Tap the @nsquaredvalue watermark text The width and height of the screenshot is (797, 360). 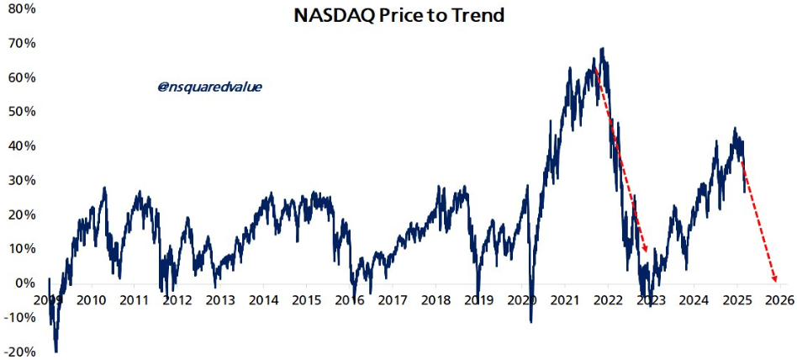209,86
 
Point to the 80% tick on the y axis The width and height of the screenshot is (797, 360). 22,8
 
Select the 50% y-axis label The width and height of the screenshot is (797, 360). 22,111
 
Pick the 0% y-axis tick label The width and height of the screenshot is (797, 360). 25,283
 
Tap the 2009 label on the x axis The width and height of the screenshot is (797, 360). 49,300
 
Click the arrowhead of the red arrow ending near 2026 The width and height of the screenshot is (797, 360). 773,280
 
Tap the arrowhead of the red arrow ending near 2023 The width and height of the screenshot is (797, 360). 645,249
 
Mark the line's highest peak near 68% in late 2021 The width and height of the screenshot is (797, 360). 602,50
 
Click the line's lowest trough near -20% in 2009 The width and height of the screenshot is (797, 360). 56,351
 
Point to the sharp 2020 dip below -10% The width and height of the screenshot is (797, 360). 530,320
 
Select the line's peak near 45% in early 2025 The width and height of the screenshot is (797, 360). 735,130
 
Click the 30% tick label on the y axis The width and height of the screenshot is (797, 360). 22,180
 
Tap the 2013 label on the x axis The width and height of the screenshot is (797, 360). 221,300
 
